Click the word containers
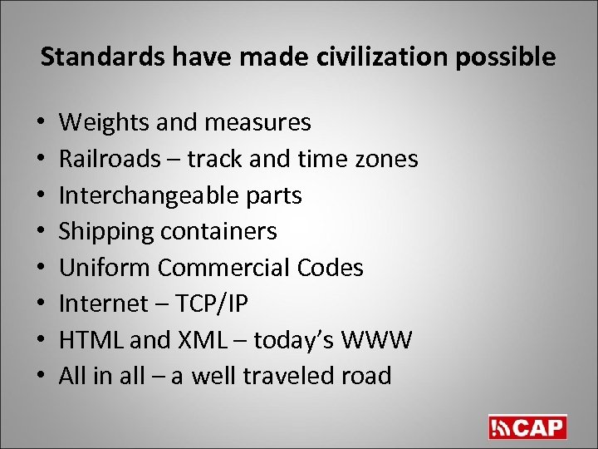[x=218, y=231]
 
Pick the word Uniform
[x=105, y=268]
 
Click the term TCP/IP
[x=213, y=303]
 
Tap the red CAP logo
[x=527, y=427]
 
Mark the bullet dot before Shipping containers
[x=42, y=232]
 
